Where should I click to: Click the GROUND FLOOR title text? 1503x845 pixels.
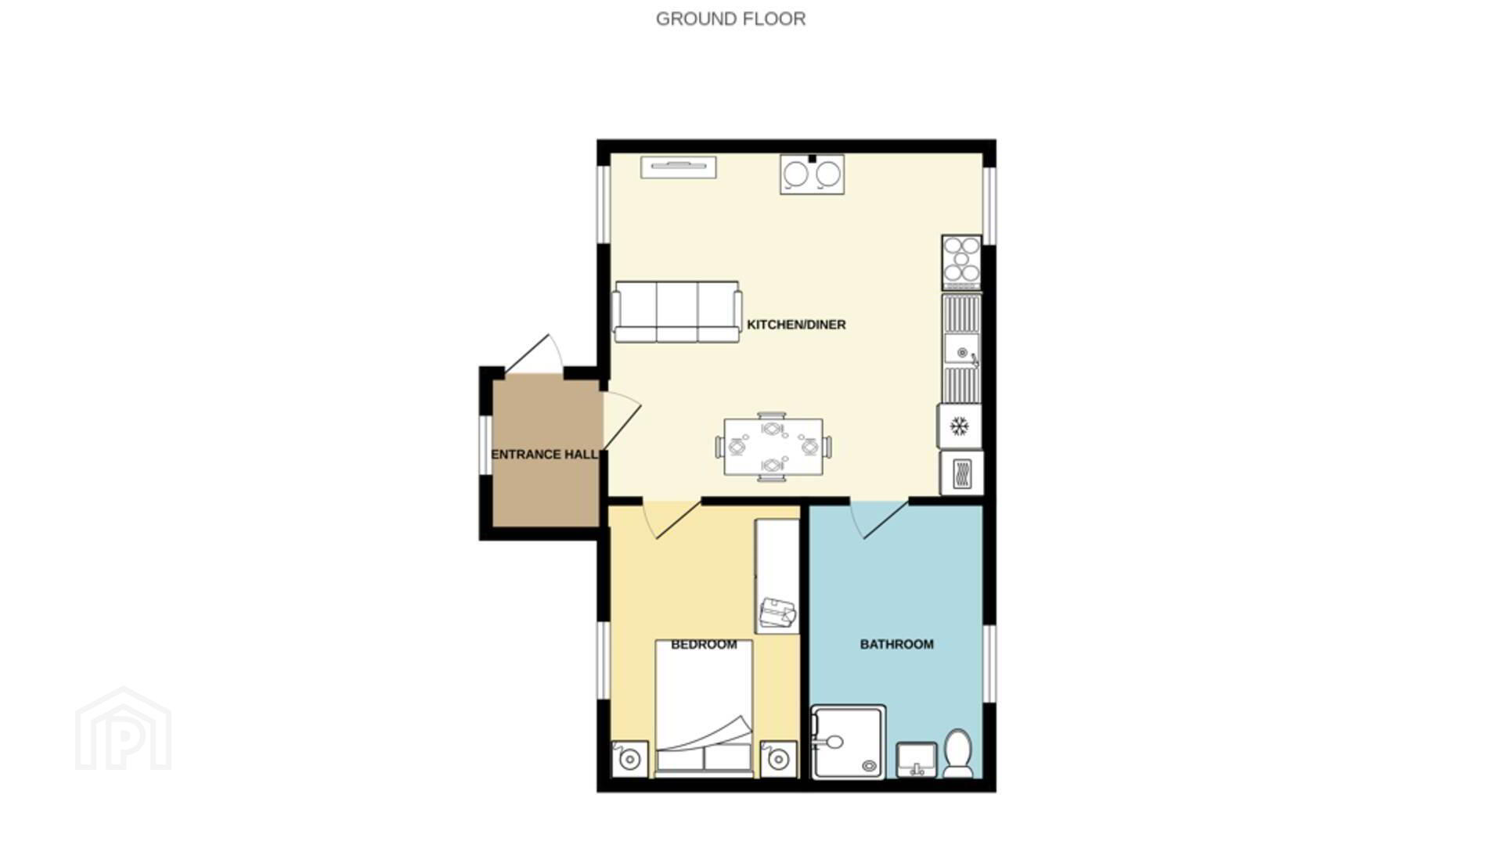pyautogui.click(x=730, y=19)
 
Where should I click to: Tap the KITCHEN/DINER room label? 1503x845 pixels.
pyautogui.click(x=796, y=325)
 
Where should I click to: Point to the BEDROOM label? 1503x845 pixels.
pyautogui.click(x=704, y=645)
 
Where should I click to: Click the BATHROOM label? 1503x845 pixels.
pyautogui.click(x=896, y=645)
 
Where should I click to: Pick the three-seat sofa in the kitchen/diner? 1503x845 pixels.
pyautogui.click(x=677, y=312)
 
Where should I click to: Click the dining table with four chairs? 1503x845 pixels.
pyautogui.click(x=773, y=447)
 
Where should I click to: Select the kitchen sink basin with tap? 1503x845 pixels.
pyautogui.click(x=961, y=351)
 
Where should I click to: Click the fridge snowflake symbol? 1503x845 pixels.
pyautogui.click(x=959, y=426)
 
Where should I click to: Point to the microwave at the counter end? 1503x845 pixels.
pyautogui.click(x=961, y=473)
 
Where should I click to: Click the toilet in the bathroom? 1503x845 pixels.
pyautogui.click(x=957, y=753)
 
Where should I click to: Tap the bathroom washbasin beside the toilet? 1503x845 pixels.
pyautogui.click(x=917, y=760)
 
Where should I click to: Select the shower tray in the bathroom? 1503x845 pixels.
pyautogui.click(x=849, y=742)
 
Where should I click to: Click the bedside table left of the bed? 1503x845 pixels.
pyautogui.click(x=629, y=759)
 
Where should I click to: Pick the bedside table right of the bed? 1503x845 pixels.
pyautogui.click(x=779, y=759)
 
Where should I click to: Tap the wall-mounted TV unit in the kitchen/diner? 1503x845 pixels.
pyautogui.click(x=679, y=167)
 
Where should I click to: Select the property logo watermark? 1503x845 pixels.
pyautogui.click(x=123, y=728)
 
